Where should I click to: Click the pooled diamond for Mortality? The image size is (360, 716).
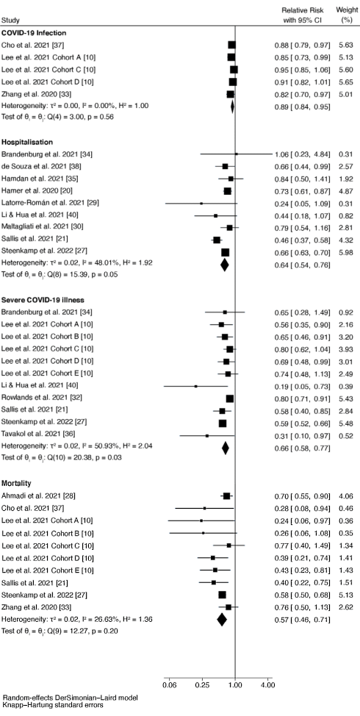coord(222,619)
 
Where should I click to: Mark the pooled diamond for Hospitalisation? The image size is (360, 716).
coord(224,264)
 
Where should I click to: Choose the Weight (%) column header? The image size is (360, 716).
coord(347,14)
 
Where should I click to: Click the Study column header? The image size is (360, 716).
coord(12,19)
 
